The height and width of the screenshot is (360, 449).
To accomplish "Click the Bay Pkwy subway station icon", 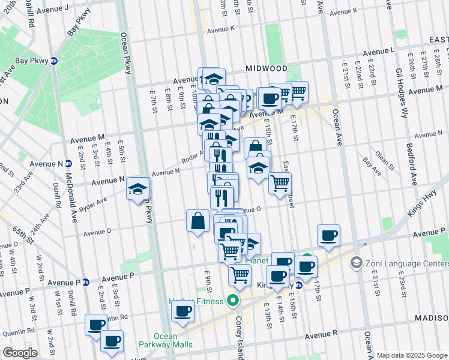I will point(53,61).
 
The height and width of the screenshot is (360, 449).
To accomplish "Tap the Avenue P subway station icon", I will point(86,282).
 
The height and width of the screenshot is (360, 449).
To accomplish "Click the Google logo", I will point(20,353).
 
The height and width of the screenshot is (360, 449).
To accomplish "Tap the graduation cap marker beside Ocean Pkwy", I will point(138,189).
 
